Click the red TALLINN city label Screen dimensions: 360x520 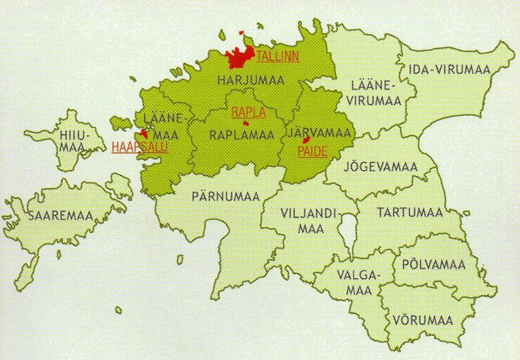(x=277, y=56)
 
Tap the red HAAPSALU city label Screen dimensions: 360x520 (x=139, y=147)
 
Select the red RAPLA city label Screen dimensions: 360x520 (x=248, y=112)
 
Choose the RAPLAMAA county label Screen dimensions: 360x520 (x=241, y=135)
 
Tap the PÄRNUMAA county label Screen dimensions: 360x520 (x=226, y=194)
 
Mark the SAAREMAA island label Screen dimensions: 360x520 (x=59, y=216)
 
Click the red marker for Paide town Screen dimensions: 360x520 (x=305, y=140)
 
